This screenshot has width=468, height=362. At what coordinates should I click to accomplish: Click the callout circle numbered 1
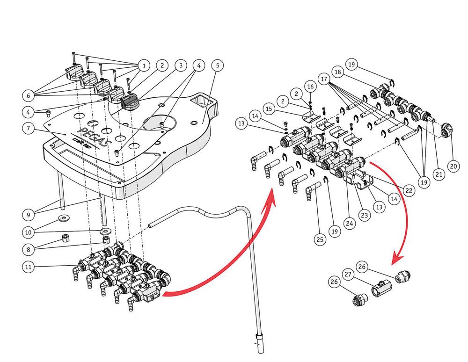click(144, 65)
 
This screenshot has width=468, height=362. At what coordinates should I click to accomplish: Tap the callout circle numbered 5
click(217, 65)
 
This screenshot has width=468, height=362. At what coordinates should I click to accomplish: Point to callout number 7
click(29, 128)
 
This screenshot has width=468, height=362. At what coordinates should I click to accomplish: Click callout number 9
click(29, 215)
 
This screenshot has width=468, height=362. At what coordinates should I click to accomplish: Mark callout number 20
click(453, 166)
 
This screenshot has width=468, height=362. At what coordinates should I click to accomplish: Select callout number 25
click(320, 239)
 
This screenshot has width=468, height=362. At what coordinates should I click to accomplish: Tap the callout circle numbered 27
click(348, 274)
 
